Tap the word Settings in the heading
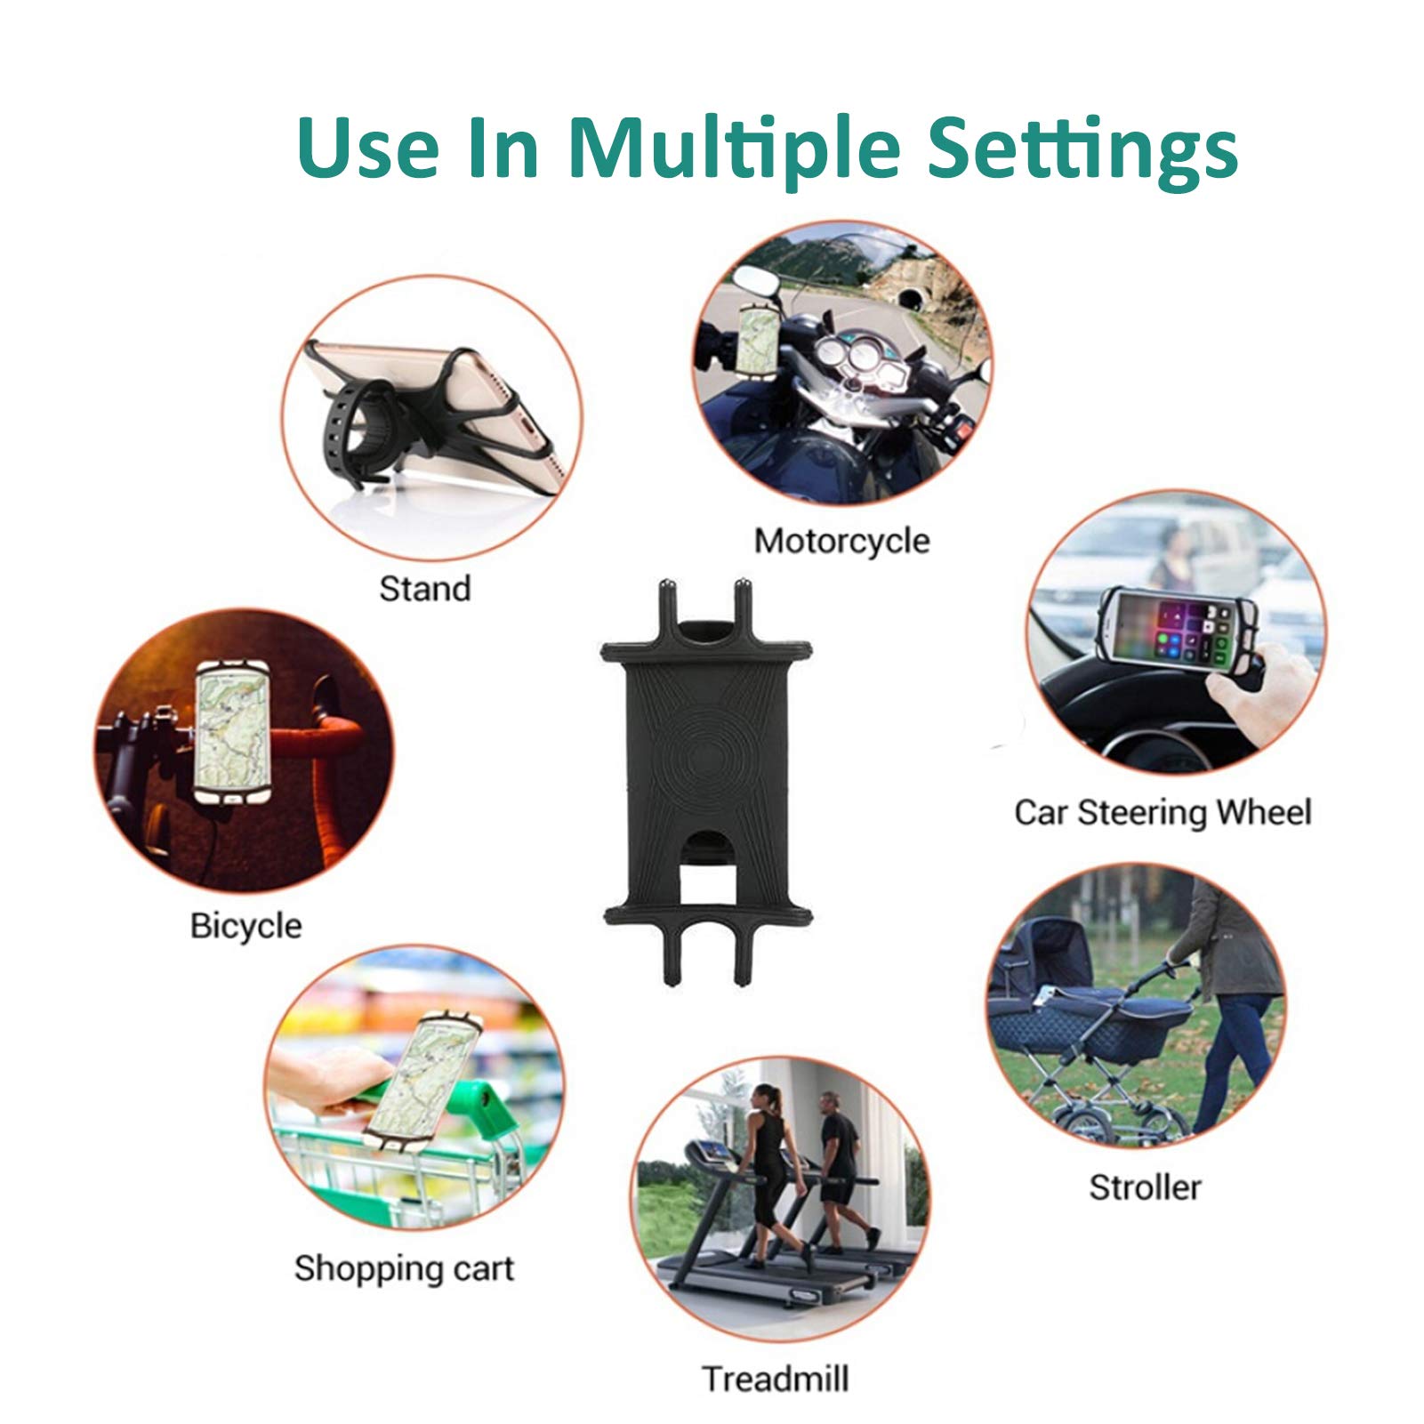[1082, 148]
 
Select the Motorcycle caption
[841, 541]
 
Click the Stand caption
[425, 588]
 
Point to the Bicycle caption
[246, 926]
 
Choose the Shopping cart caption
[405, 1268]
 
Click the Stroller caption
[1146, 1187]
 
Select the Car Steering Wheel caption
[1163, 812]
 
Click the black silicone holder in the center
[706, 782]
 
